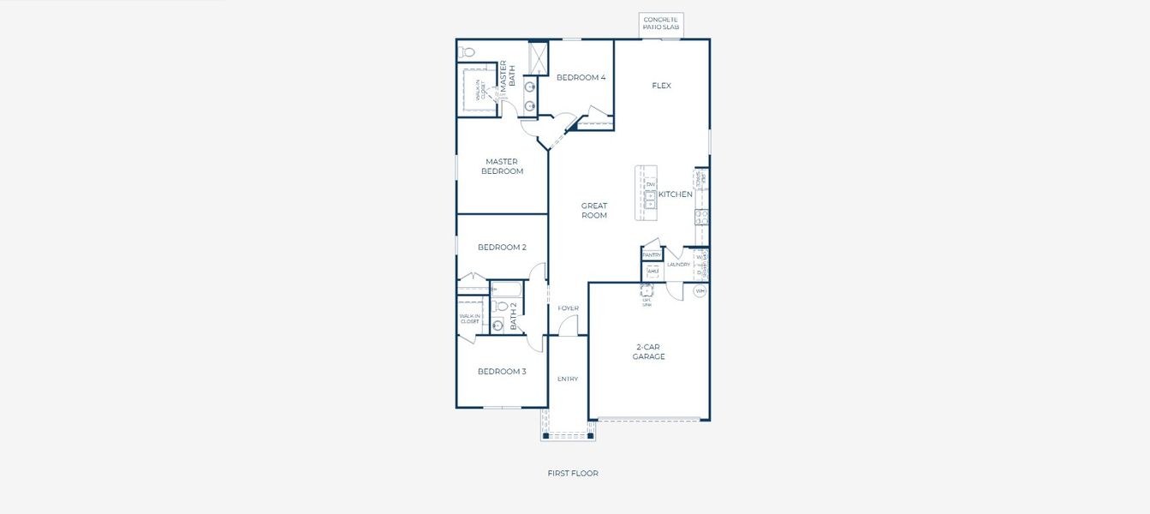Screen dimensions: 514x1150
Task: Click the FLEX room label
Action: (x=661, y=86)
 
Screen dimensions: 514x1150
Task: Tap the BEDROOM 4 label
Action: (x=581, y=78)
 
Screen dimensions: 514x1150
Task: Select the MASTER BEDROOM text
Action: (x=502, y=166)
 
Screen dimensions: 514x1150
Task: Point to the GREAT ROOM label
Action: (x=593, y=211)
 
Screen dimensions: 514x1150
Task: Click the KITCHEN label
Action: (x=675, y=194)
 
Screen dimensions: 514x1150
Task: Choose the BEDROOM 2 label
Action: (x=502, y=248)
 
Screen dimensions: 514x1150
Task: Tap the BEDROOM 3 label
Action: (x=502, y=372)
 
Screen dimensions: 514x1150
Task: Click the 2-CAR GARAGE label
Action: (x=648, y=352)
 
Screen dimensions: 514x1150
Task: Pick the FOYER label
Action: (x=568, y=308)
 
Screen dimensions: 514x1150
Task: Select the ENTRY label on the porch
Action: (x=568, y=379)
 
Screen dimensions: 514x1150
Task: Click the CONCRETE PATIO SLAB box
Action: (x=661, y=24)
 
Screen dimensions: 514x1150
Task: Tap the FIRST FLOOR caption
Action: (x=573, y=473)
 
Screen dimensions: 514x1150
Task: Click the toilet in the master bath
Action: (x=468, y=52)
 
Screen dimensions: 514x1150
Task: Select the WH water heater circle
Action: (x=700, y=291)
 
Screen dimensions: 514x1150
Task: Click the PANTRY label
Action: (x=652, y=255)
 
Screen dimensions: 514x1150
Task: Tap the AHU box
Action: (x=652, y=271)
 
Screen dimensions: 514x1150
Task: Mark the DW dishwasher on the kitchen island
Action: (x=651, y=184)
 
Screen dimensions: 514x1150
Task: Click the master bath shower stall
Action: (x=539, y=58)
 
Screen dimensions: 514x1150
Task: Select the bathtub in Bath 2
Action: (x=506, y=290)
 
